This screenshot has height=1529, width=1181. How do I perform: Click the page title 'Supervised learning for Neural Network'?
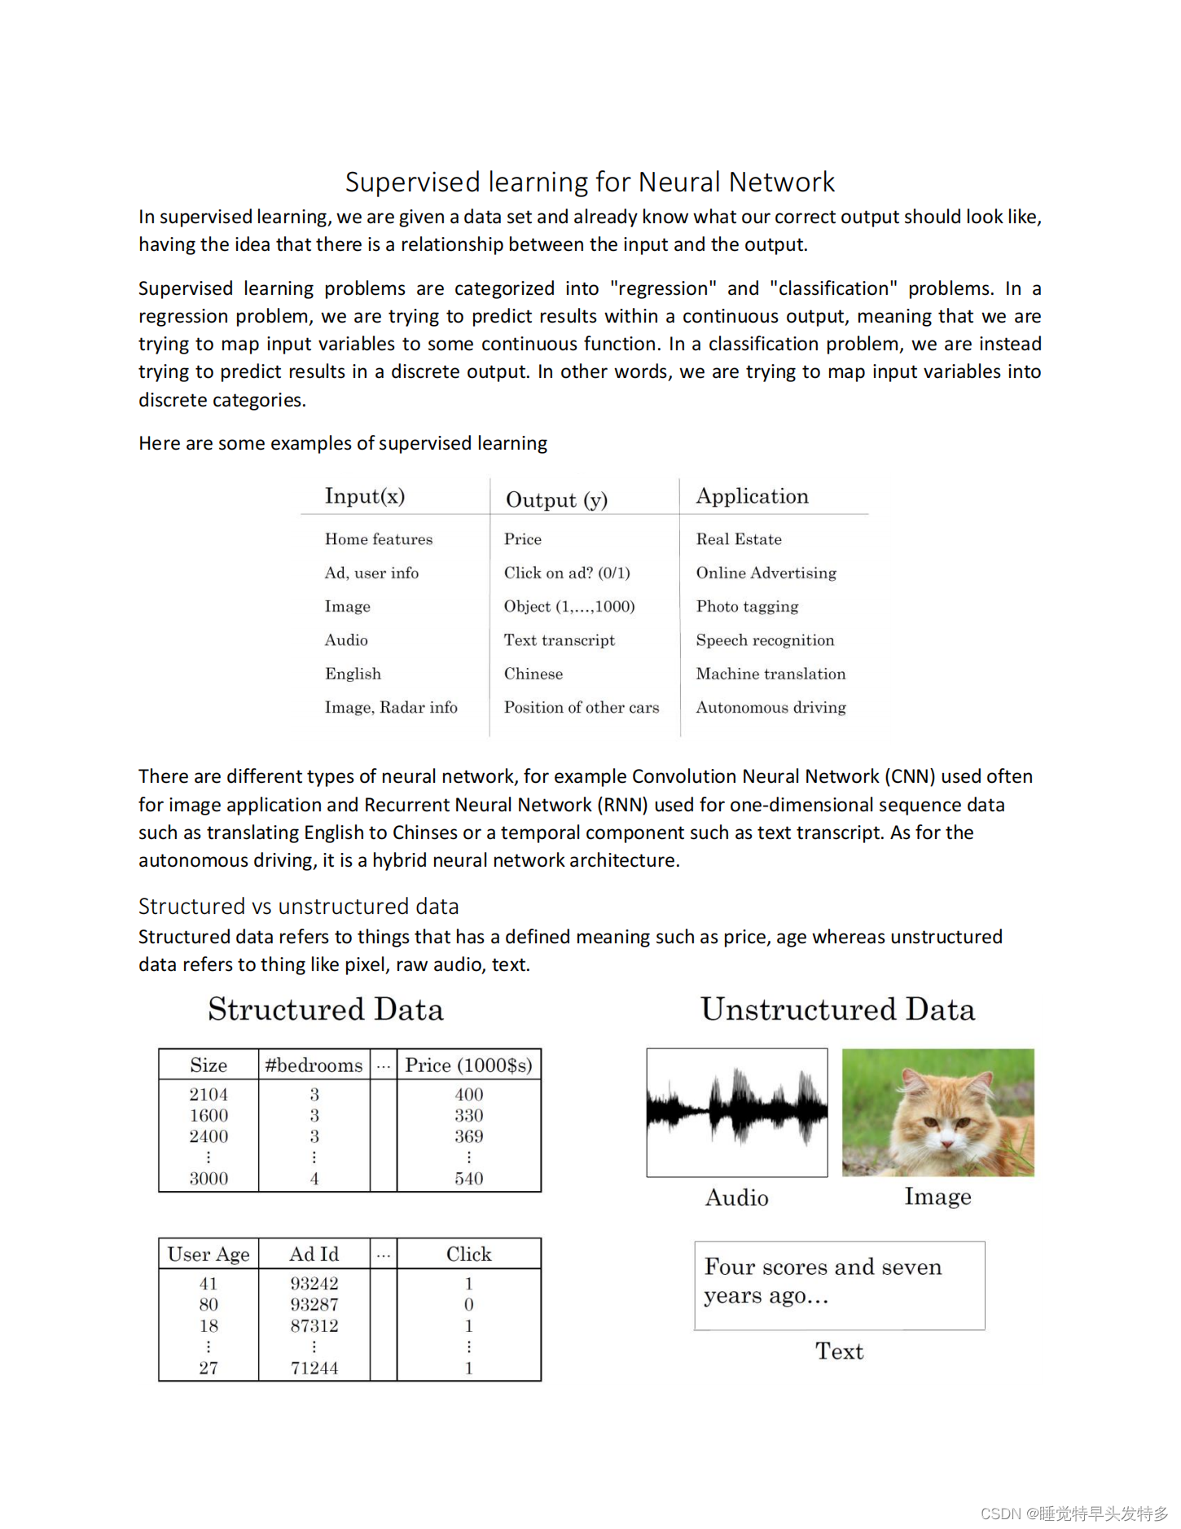click(x=590, y=182)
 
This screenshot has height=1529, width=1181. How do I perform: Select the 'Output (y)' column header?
click(x=556, y=499)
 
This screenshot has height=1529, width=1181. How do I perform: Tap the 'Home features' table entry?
click(x=379, y=539)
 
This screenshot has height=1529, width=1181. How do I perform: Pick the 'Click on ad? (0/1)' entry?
click(x=567, y=573)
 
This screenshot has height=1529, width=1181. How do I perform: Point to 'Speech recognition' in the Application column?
click(x=765, y=640)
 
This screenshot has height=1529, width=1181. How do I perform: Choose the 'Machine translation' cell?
click(x=771, y=674)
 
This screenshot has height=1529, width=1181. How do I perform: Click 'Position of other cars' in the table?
click(x=582, y=707)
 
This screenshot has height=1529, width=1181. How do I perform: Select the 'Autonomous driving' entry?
click(x=771, y=707)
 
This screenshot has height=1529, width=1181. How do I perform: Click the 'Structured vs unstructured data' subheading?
click(x=298, y=907)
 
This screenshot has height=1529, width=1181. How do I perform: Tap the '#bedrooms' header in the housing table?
click(x=314, y=1065)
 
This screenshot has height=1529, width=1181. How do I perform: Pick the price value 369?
click(x=469, y=1136)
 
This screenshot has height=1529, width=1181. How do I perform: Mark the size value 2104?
click(x=209, y=1095)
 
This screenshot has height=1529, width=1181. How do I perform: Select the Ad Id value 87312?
click(x=314, y=1325)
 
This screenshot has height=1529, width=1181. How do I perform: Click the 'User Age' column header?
click(x=209, y=1254)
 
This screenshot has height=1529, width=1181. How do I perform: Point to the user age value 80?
click(x=209, y=1304)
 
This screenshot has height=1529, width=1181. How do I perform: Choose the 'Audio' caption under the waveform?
click(x=737, y=1197)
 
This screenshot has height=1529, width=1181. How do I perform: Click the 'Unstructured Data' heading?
click(x=837, y=1009)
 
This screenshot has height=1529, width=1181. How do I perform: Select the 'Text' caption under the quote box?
click(x=839, y=1351)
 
